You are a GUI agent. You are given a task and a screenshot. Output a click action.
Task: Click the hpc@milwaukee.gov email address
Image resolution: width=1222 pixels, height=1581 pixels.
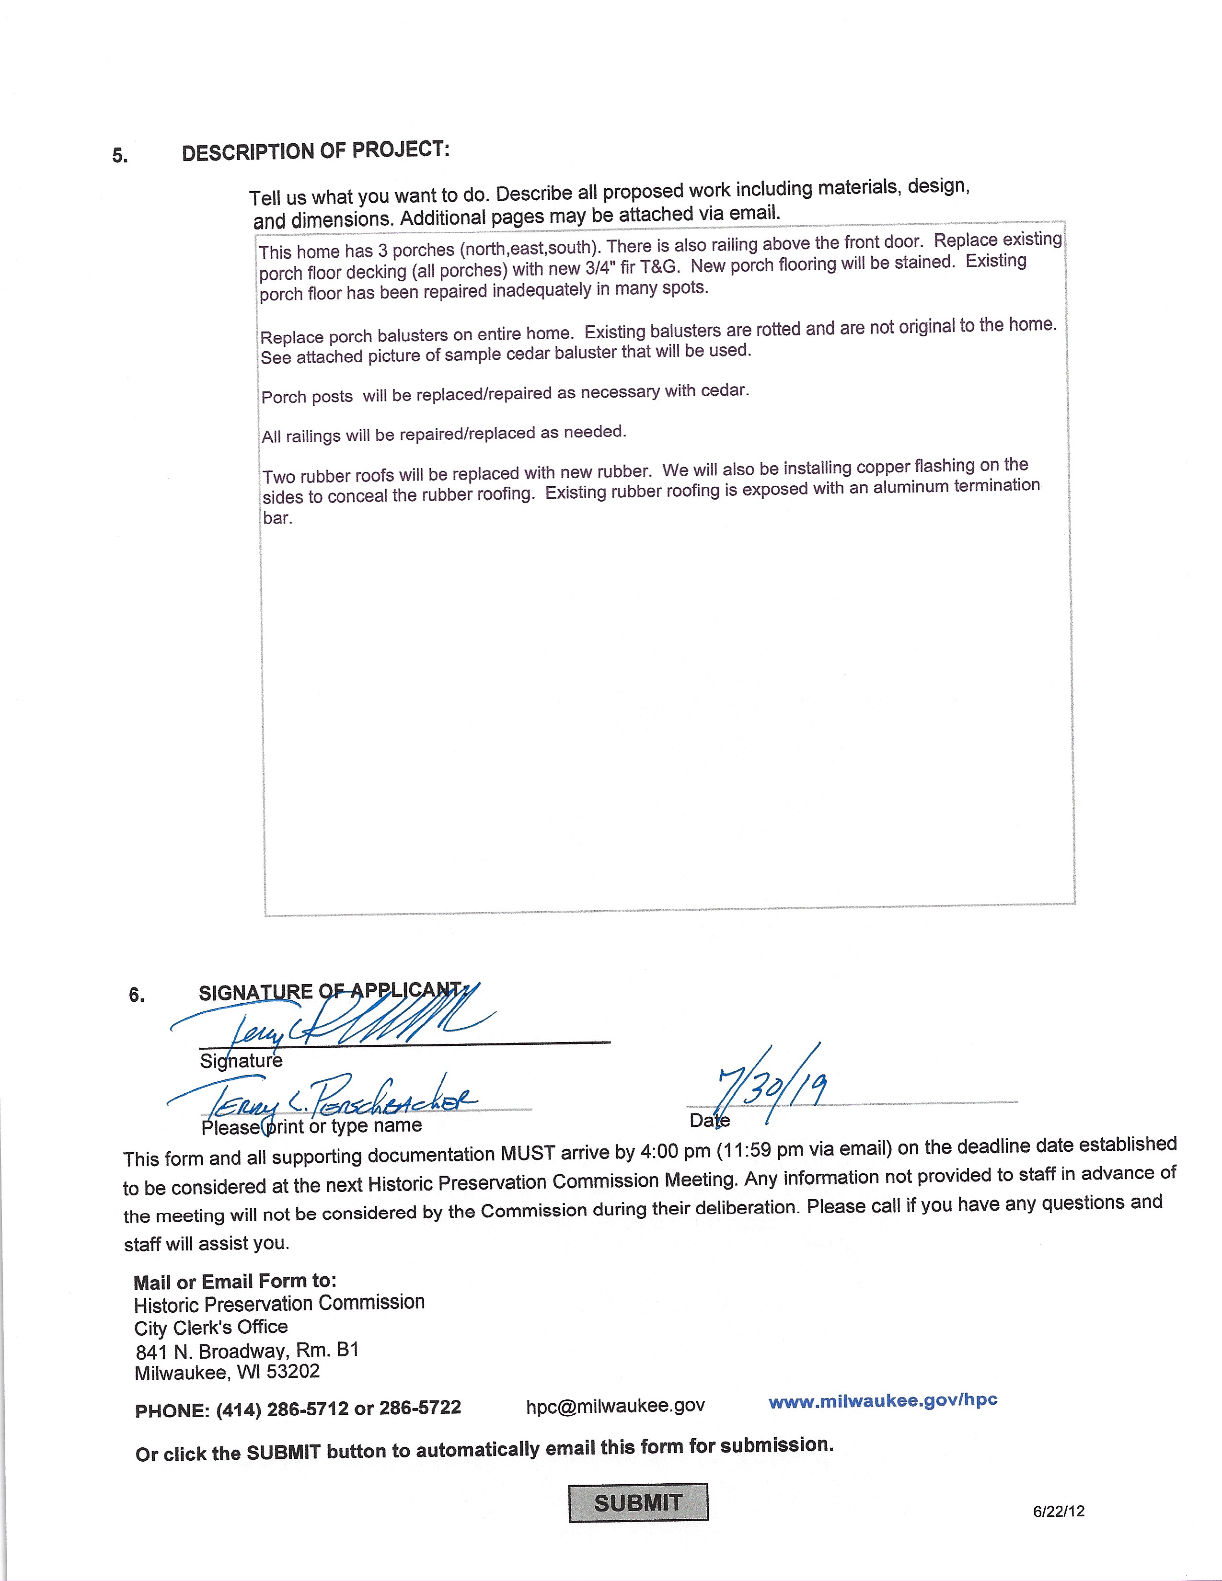tap(615, 1405)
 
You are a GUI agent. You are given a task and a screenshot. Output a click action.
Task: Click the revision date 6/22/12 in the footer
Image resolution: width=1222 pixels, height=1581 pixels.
tap(1059, 1511)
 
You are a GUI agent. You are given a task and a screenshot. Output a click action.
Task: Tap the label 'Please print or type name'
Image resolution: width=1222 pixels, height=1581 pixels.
tap(311, 1126)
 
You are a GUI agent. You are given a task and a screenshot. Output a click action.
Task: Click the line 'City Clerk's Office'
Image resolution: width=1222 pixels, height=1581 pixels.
tap(211, 1327)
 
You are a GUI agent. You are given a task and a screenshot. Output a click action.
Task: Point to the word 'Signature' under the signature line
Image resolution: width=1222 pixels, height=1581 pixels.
tap(241, 1061)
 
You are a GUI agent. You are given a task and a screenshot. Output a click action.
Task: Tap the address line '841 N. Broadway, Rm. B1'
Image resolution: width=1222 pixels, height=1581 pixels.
tap(247, 1350)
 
